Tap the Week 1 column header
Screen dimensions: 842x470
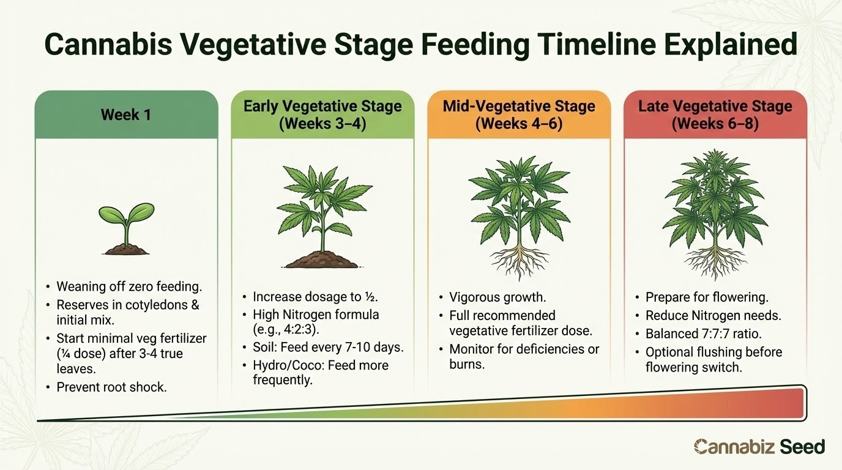(x=126, y=114)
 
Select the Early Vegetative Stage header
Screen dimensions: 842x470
(x=322, y=114)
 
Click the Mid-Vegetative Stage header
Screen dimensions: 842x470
(x=519, y=114)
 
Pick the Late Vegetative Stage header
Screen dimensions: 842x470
(x=715, y=114)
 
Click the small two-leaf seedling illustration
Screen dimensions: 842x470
(x=127, y=229)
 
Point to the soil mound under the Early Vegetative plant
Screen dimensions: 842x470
(x=322, y=259)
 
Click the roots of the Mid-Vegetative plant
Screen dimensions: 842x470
(x=520, y=261)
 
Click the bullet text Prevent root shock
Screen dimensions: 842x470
(x=111, y=387)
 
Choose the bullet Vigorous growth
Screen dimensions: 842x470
(x=497, y=297)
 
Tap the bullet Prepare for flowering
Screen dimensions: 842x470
(x=707, y=297)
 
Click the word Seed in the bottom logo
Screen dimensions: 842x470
(x=802, y=447)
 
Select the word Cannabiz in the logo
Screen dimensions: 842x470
(x=734, y=447)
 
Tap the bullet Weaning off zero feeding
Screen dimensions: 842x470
(x=129, y=287)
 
